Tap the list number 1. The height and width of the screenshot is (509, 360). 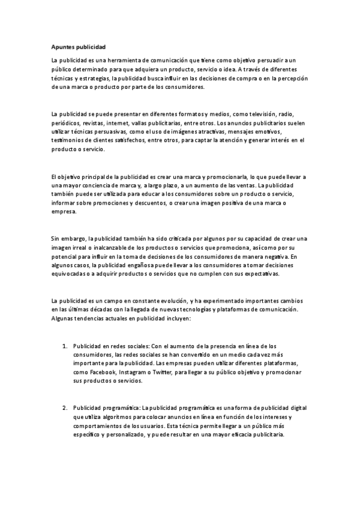pos(65,346)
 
